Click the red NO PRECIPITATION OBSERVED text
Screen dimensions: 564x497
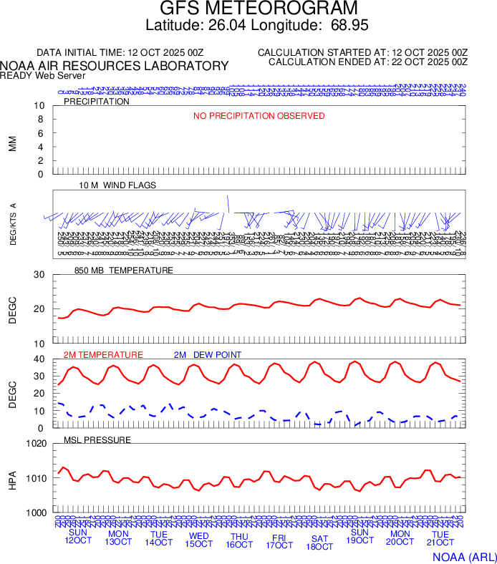pyautogui.click(x=259, y=116)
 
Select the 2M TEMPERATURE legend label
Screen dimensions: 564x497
pyautogui.click(x=103, y=355)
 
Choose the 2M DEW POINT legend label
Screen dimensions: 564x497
pyautogui.click(x=208, y=355)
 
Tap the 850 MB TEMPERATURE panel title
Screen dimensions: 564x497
pyautogui.click(x=124, y=271)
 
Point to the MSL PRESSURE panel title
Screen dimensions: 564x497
pyautogui.click(x=97, y=439)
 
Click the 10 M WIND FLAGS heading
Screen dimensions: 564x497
pyautogui.click(x=117, y=185)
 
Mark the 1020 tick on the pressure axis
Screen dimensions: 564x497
pyautogui.click(x=35, y=444)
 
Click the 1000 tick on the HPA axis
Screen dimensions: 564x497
pyautogui.click(x=35, y=512)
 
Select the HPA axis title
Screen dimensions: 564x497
pyautogui.click(x=12, y=478)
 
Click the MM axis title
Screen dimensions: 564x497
pyautogui.click(x=12, y=143)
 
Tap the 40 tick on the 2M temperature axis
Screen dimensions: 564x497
pyautogui.click(x=39, y=359)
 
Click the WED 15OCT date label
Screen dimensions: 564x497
pyautogui.click(x=199, y=540)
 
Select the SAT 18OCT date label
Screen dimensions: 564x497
pyautogui.click(x=319, y=543)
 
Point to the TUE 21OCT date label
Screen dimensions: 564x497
pyautogui.click(x=440, y=538)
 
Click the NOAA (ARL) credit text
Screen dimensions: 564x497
pyautogui.click(x=463, y=556)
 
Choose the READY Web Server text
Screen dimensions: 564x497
pyautogui.click(x=43, y=76)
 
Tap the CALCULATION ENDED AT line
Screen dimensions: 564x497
pyautogui.click(x=368, y=62)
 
